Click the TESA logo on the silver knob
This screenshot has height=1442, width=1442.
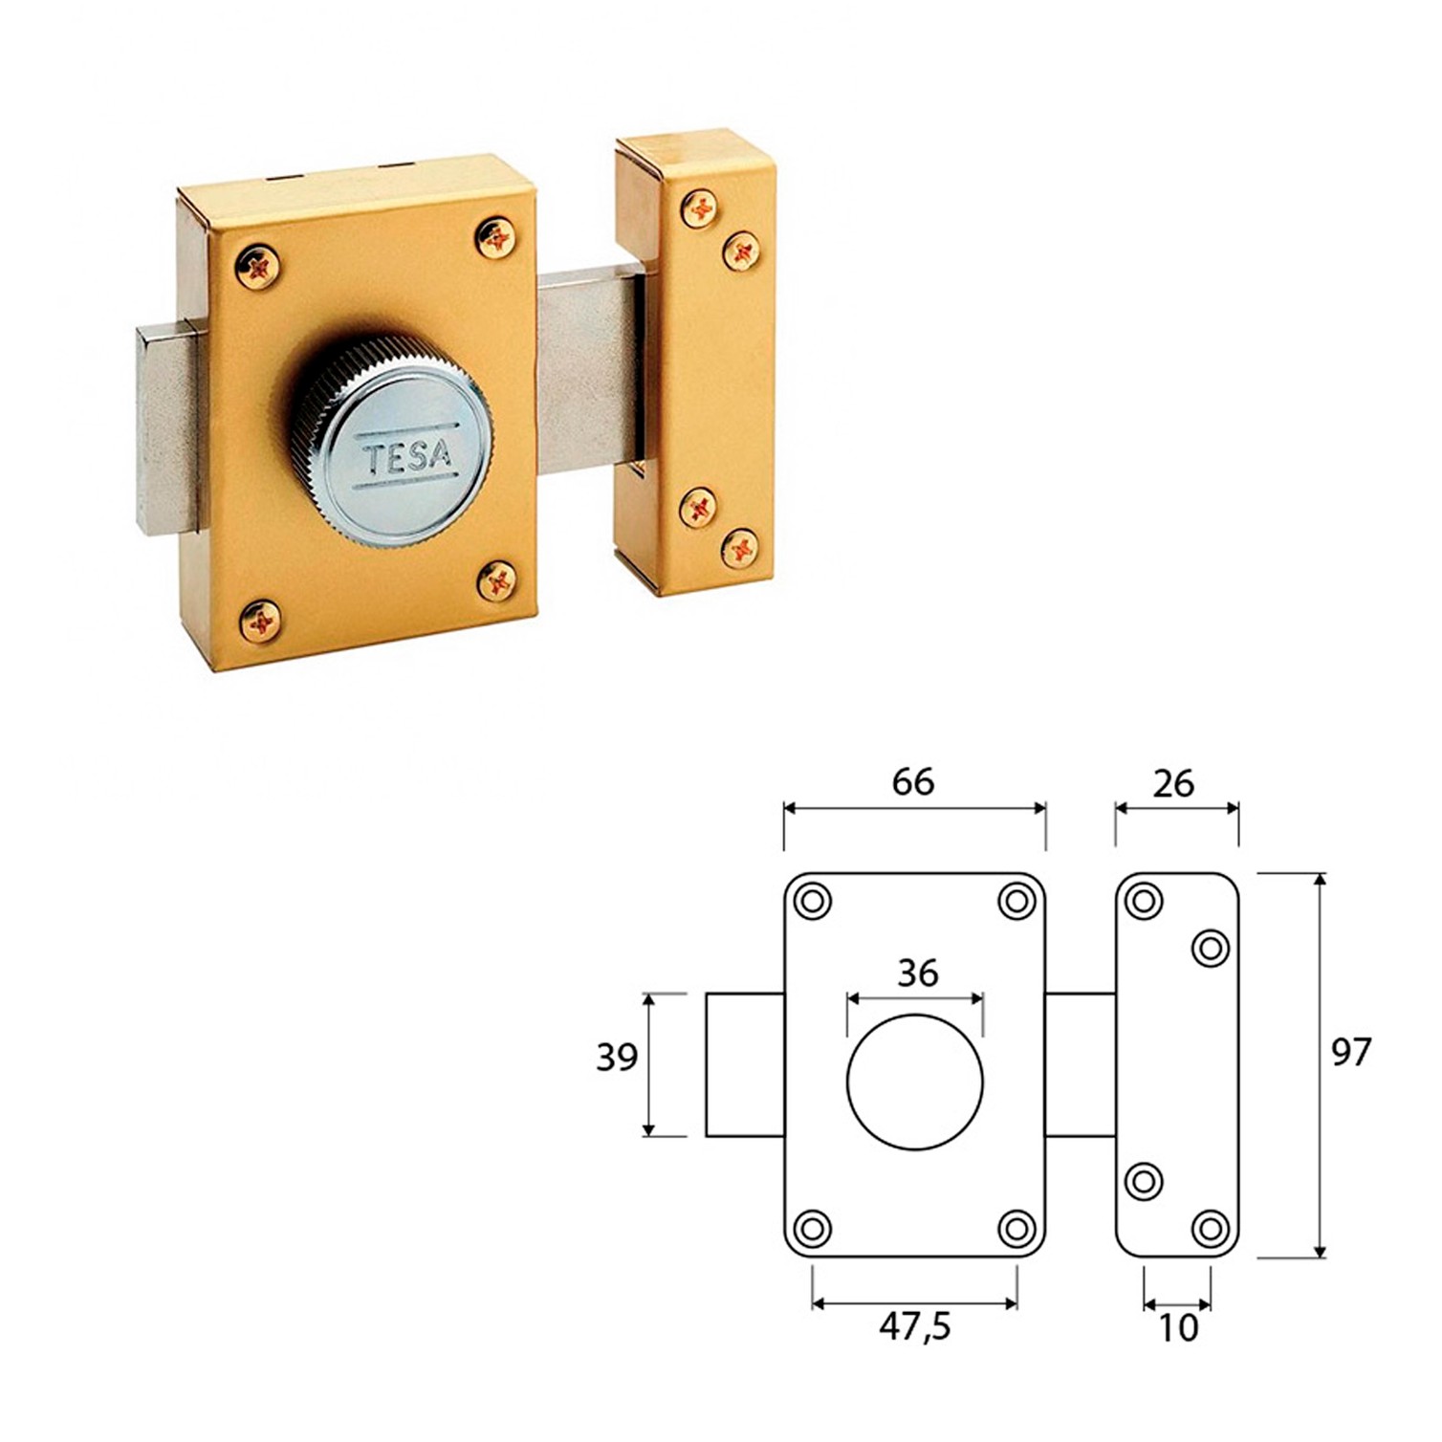pos(405,455)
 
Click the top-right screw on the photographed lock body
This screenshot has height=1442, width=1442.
pos(496,236)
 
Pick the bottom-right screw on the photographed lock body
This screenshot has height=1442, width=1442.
pos(497,580)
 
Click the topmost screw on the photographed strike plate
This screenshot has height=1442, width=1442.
pos(701,208)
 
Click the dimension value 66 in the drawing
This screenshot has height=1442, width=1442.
pos(912,782)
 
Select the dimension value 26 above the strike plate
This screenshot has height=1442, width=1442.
pos(1174,783)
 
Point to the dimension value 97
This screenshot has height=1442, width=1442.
pos(1351,1053)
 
